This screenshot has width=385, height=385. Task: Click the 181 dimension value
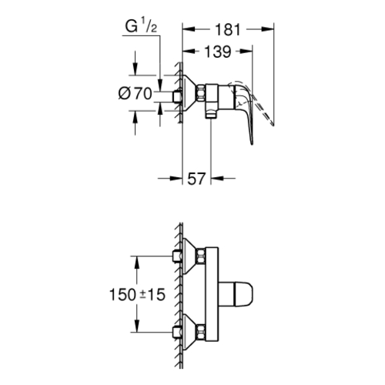click(x=228, y=29)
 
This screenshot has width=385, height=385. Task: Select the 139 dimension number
click(x=218, y=52)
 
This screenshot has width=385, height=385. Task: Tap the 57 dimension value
click(x=196, y=179)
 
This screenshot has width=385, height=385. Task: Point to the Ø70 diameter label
click(x=136, y=93)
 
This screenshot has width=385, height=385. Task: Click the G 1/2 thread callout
click(x=141, y=26)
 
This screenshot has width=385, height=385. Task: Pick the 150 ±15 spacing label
click(x=137, y=294)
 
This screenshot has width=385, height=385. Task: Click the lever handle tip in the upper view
click(x=252, y=143)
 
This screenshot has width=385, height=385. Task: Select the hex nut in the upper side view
click(x=201, y=94)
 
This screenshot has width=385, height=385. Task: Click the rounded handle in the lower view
click(x=236, y=294)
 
